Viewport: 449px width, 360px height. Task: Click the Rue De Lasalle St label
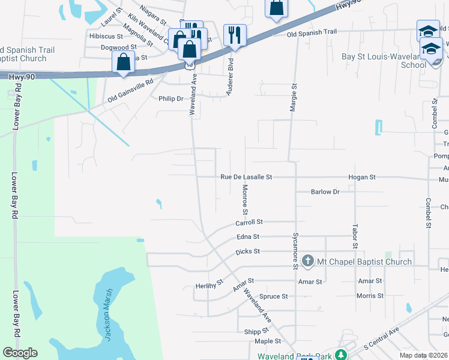pyautogui.click(x=246, y=178)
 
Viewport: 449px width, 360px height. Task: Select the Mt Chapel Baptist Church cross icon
pyautogui.click(x=308, y=261)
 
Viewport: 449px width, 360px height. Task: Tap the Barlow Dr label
pyautogui.click(x=325, y=192)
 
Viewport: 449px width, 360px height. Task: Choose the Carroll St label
pyautogui.click(x=249, y=223)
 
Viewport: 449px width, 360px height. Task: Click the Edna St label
pyautogui.click(x=248, y=237)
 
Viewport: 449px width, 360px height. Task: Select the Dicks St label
pyautogui.click(x=247, y=252)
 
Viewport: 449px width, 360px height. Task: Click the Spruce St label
pyautogui.click(x=274, y=296)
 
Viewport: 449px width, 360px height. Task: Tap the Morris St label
pyautogui.click(x=370, y=296)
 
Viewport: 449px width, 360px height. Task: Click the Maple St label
pyautogui.click(x=268, y=341)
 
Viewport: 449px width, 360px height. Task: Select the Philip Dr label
pyautogui.click(x=170, y=99)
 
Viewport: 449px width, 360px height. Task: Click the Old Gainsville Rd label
pyautogui.click(x=131, y=91)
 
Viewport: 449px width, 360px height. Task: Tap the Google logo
pyautogui.click(x=20, y=353)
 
